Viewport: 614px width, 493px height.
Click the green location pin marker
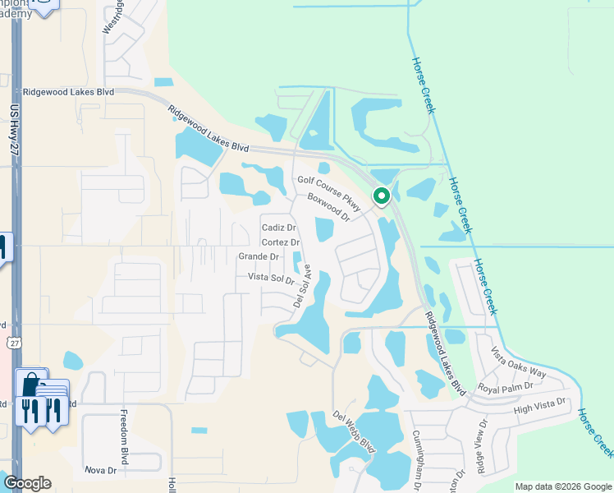coord(381,196)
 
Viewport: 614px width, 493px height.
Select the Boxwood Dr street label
coord(328,209)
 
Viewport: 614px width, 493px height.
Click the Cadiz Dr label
coord(278,228)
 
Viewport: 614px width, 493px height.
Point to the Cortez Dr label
coord(280,242)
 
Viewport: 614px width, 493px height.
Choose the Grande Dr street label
coord(259,257)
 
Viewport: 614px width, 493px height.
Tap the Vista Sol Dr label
coord(270,279)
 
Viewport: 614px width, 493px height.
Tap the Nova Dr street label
coord(102,470)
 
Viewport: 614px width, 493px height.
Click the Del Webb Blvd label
coord(354,432)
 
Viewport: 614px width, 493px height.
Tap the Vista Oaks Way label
coord(519,362)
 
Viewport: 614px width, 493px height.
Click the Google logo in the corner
coord(27,483)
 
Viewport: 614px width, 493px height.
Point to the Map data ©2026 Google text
coord(564,486)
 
